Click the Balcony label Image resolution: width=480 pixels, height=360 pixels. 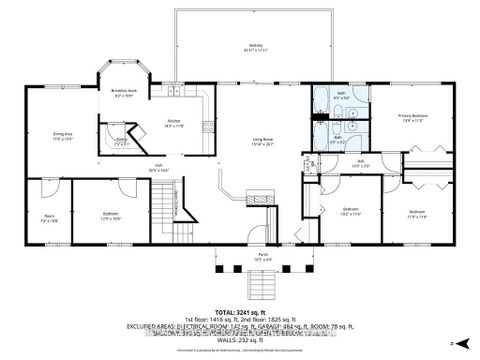(256, 45)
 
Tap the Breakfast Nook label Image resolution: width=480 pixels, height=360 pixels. (124, 93)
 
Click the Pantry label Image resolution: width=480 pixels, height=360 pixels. (119, 142)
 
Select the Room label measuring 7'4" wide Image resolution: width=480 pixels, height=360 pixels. (48, 217)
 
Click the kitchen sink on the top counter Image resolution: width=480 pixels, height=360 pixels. (173, 92)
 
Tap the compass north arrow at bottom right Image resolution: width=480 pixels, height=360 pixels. (452, 343)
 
